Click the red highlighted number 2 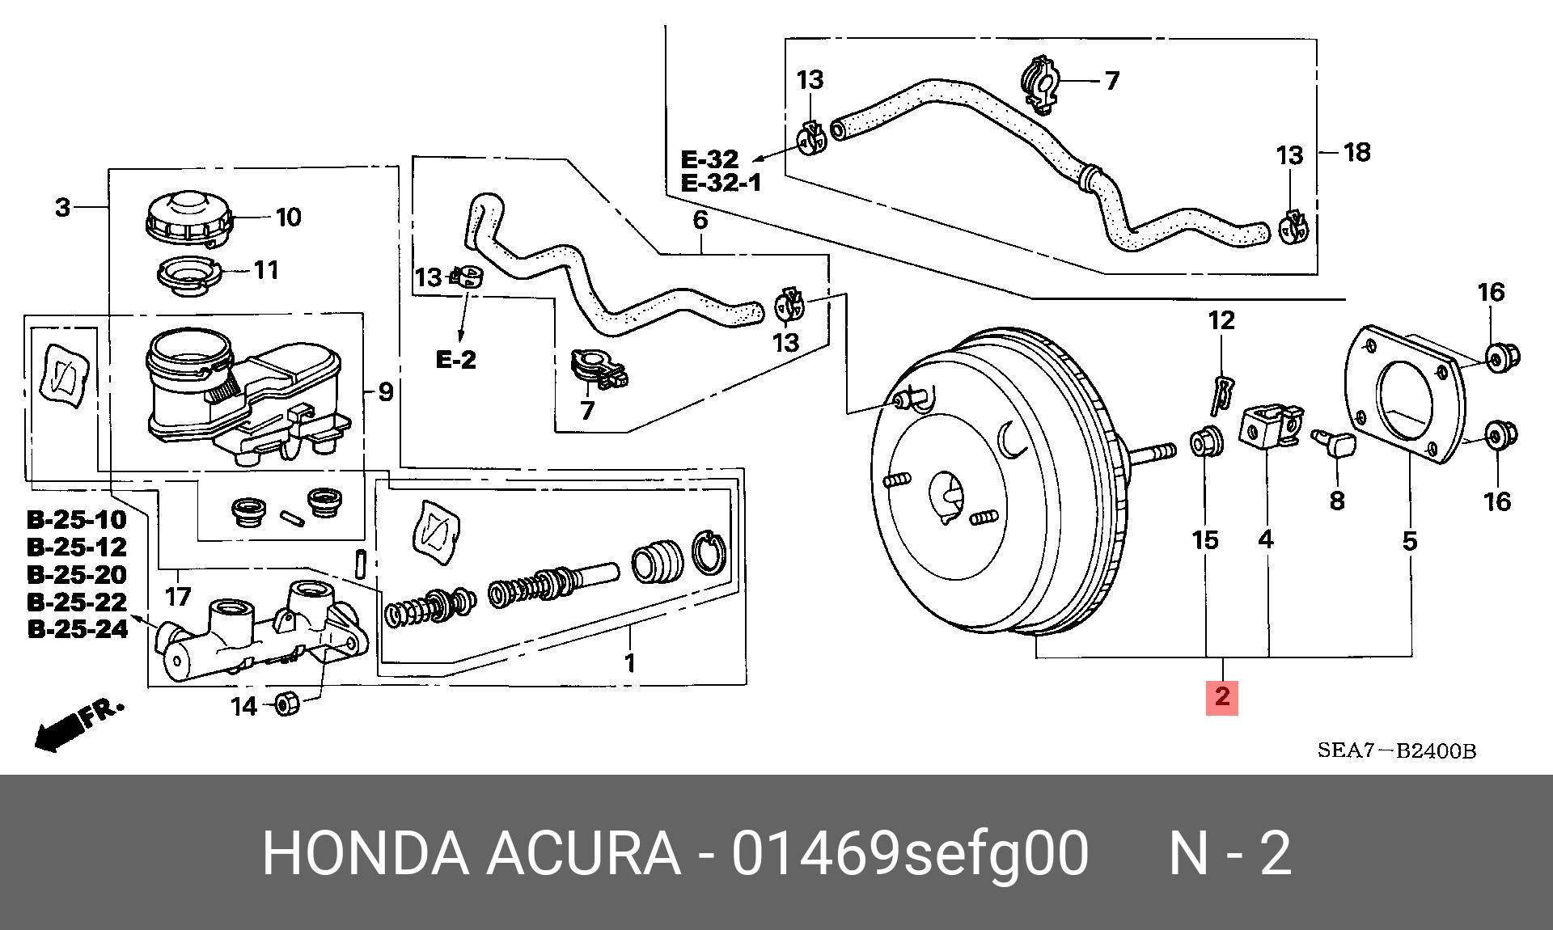point(1221,697)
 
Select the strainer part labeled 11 point(189,276)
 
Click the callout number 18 point(1356,152)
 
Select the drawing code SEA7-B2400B point(1397,750)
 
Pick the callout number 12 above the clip point(1221,321)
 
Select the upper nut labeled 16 point(1502,355)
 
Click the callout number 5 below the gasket point(1410,540)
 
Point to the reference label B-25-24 point(78,629)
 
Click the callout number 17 point(178,597)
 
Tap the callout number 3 point(63,208)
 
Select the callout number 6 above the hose point(700,220)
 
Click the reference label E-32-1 point(721,183)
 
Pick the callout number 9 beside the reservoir point(385,392)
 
